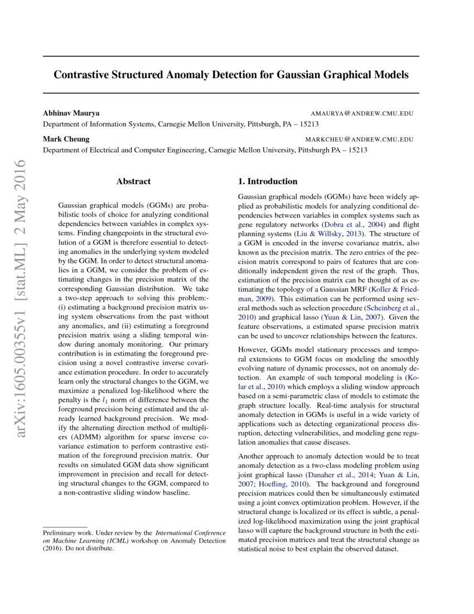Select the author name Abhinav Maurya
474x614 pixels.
click(71, 113)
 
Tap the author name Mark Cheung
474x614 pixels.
click(66, 139)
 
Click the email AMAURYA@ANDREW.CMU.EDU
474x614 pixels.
click(362, 113)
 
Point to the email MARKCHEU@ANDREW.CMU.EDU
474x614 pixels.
click(359, 140)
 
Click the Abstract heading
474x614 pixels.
click(133, 181)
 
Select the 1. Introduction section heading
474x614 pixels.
click(268, 181)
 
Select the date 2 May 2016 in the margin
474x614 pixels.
click(21, 193)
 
